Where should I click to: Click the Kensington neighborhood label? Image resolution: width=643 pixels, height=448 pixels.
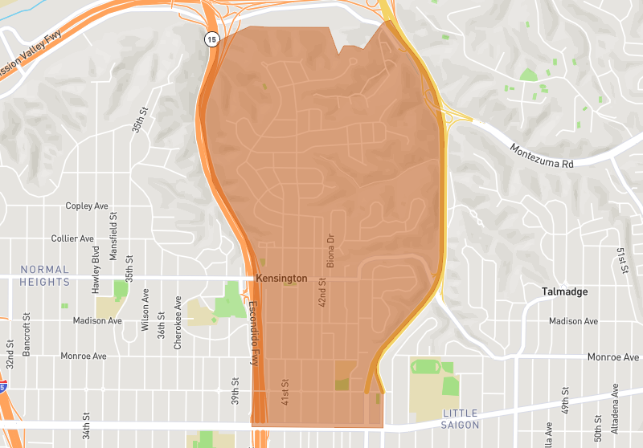point(281,278)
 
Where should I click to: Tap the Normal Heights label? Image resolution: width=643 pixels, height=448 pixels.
point(45,275)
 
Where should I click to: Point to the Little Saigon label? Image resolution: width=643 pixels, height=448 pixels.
point(461,418)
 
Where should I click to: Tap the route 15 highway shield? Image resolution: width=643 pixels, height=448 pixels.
point(211,39)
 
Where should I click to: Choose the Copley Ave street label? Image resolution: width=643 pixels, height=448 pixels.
point(87,206)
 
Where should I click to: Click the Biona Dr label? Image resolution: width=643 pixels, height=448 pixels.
point(330,250)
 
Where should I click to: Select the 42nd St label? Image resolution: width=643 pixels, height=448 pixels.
point(322,294)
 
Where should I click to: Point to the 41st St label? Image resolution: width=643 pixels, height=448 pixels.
point(285,392)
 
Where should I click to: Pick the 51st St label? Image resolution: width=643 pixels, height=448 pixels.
point(621,261)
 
